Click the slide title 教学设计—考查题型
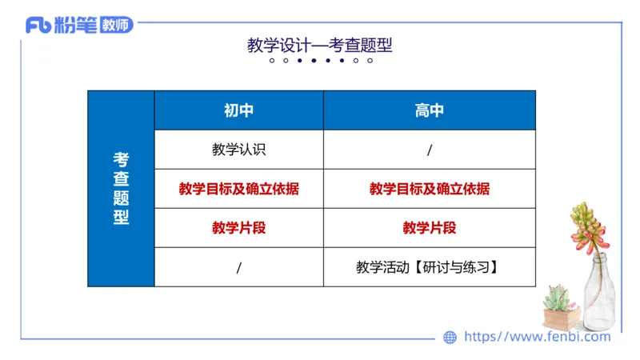319,46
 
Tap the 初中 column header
238,110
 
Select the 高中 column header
429,110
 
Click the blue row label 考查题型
121,188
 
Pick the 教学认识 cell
238,150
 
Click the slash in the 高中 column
430,150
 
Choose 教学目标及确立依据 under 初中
238,189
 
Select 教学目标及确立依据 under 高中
430,189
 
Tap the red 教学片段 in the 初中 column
238,228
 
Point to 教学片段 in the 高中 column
430,228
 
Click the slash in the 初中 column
238,267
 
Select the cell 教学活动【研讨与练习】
430,267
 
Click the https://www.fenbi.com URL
537,337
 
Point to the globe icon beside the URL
450,338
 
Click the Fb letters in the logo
38,26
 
